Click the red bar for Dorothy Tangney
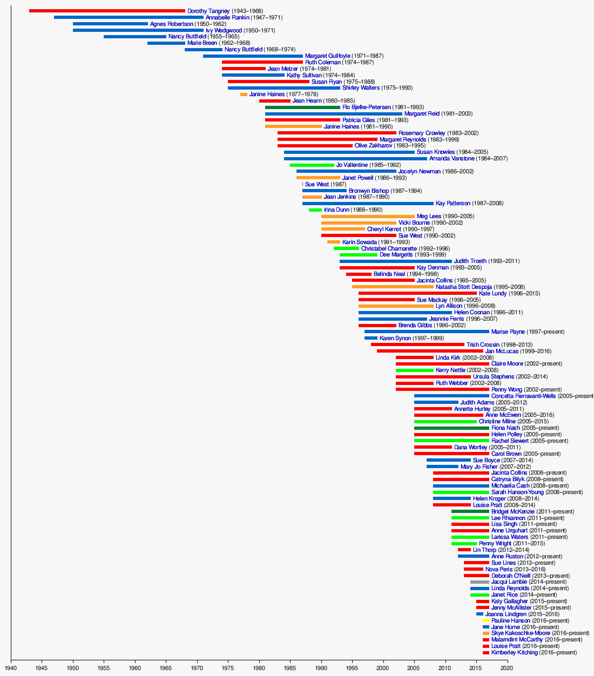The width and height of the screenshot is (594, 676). (107, 11)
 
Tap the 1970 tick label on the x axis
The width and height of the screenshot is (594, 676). (197, 668)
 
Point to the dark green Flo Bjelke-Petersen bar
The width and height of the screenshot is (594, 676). (302, 107)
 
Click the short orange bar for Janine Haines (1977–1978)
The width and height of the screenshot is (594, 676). (244, 94)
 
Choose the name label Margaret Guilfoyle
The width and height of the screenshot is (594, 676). (327, 56)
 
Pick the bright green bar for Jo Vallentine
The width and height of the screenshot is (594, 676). (312, 165)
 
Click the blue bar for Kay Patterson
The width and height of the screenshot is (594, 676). (368, 204)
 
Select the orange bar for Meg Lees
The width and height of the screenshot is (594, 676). (368, 217)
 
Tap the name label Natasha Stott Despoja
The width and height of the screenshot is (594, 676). (463, 287)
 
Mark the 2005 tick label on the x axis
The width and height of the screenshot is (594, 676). (414, 668)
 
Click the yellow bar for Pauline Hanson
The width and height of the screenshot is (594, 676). (486, 620)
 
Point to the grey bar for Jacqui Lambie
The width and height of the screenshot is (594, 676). (480, 582)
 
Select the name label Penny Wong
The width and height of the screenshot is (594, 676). (507, 390)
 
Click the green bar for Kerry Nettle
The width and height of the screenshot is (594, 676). (415, 370)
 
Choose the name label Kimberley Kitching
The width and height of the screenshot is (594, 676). (514, 653)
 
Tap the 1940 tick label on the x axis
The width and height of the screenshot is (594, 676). (11, 668)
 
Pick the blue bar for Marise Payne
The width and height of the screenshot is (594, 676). (427, 332)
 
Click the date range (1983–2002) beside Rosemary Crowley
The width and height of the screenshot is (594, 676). (462, 133)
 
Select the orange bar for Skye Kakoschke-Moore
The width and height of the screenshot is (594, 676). (486, 633)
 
